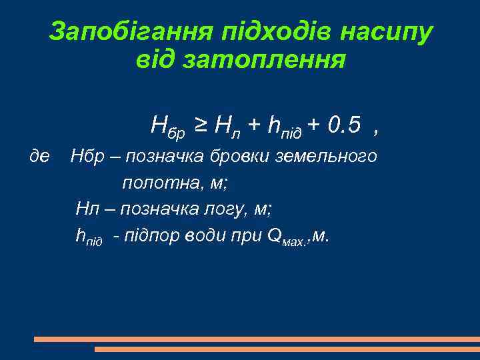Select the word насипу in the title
pyautogui.click(x=388, y=31)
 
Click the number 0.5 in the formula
pyautogui.click(x=344, y=124)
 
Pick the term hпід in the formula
pyautogui.click(x=283, y=125)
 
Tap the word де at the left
pyautogui.click(x=41, y=156)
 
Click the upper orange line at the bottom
pyautogui.click(x=257, y=339)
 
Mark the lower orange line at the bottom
pyautogui.click(x=287, y=349)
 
